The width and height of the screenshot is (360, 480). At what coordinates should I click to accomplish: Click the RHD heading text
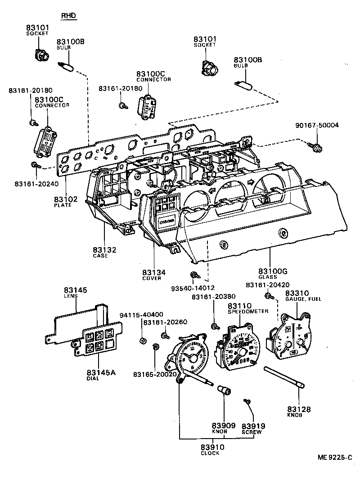point(68,16)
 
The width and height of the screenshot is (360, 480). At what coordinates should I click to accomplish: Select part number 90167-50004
point(317,126)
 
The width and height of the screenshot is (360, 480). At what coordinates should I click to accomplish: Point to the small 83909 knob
point(224,389)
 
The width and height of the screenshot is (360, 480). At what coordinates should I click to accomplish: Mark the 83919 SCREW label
point(253,428)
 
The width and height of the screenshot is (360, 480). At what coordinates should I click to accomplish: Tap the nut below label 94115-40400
point(142,340)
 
